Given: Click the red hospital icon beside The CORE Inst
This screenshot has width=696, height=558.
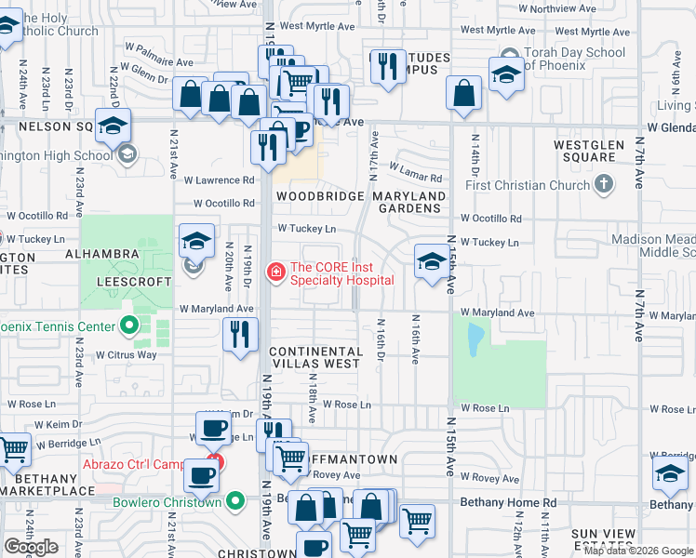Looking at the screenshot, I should click(275, 272).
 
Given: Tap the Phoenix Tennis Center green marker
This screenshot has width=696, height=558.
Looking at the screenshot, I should click(129, 326).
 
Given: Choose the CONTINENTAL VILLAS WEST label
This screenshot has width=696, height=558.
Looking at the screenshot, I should click(314, 357).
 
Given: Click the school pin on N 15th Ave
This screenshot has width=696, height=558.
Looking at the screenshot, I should click(431, 262).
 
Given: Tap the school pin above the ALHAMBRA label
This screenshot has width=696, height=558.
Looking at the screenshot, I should click(196, 242).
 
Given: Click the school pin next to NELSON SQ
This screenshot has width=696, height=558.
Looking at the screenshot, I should click(112, 126).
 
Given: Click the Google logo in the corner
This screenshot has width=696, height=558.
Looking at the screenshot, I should click(32, 547).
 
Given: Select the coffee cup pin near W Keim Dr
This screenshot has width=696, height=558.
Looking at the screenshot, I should click(215, 429).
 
